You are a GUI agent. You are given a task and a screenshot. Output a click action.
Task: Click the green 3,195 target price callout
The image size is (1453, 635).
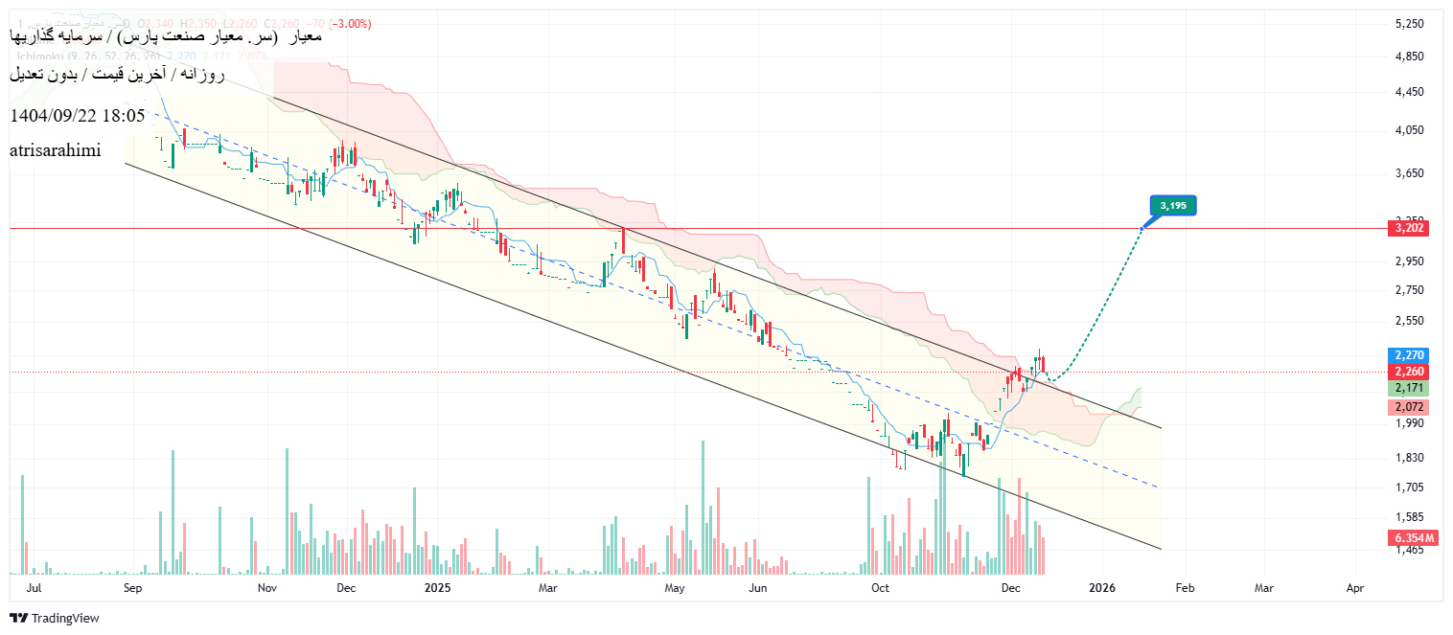(1173, 205)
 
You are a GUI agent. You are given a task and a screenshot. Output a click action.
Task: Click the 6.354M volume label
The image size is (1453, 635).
(1411, 538)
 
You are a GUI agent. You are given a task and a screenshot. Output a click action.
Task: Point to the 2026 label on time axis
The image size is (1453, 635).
(1102, 586)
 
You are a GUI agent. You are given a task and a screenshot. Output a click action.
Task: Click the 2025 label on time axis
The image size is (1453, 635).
(437, 586)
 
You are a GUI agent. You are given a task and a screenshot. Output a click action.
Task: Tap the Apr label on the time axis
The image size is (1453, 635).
(1354, 586)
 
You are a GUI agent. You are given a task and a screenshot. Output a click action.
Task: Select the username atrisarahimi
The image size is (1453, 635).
(55, 150)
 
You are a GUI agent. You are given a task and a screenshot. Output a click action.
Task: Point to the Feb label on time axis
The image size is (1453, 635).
(1185, 586)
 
